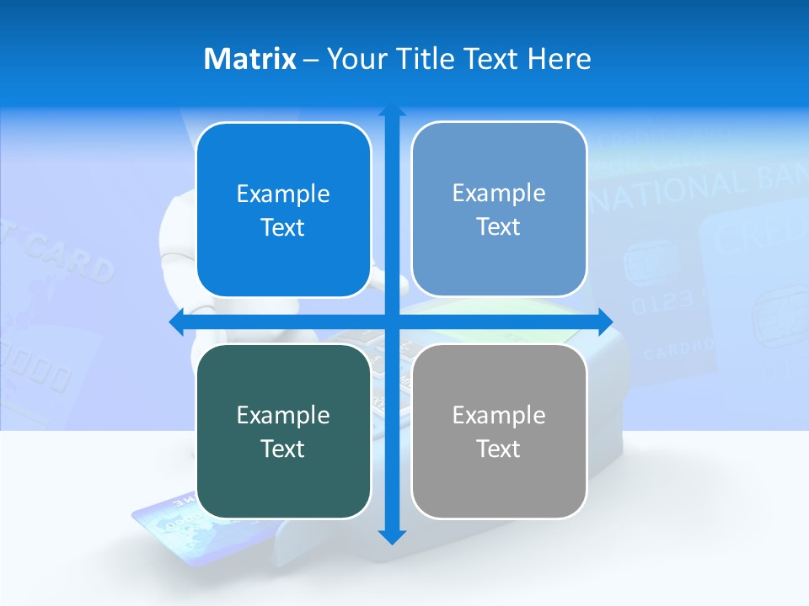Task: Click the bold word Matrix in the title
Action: (249, 59)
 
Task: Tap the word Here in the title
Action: (560, 59)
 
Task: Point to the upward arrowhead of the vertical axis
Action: (392, 112)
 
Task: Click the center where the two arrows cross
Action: (392, 322)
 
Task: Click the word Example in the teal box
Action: (283, 415)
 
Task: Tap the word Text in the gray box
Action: (499, 449)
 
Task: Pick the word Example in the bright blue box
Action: (283, 194)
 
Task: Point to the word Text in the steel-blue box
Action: (499, 226)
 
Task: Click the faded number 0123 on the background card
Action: (661, 302)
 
